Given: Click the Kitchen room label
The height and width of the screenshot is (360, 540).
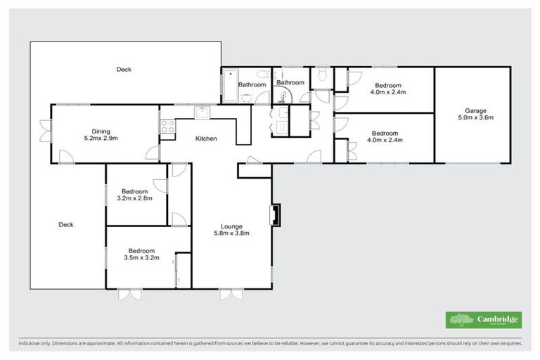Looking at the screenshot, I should click(x=206, y=139).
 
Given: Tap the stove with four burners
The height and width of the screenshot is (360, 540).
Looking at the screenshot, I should click(x=167, y=127).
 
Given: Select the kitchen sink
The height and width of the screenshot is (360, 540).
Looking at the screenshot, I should click(x=201, y=110).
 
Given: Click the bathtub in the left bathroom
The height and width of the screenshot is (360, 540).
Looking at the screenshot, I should click(x=231, y=86).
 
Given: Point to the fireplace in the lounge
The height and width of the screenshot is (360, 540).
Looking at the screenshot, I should click(x=276, y=215).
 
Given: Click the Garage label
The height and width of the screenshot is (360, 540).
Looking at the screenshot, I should click(x=475, y=110).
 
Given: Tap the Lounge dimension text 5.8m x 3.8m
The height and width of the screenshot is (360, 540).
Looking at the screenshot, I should click(x=232, y=233).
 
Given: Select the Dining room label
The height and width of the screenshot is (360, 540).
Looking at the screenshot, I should click(x=101, y=131).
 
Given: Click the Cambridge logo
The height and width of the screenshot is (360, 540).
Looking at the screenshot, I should click(x=484, y=320).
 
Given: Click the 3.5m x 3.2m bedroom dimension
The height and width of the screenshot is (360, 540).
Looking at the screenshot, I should click(x=141, y=257).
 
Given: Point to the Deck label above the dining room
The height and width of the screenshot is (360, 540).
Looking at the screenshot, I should click(x=124, y=69).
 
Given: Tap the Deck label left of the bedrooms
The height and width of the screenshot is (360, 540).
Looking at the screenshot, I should click(x=66, y=225).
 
